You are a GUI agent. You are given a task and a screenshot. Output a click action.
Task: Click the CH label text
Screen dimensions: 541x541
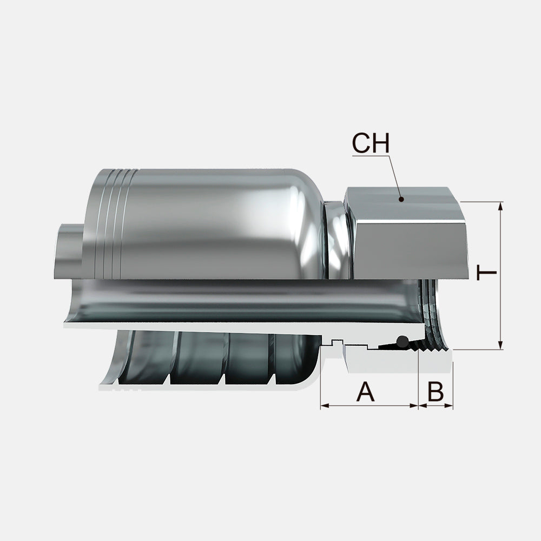pos(371,143)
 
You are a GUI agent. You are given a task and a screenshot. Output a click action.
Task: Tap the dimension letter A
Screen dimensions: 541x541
pos(365,392)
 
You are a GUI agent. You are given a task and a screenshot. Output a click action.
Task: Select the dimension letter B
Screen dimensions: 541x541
pos(436,392)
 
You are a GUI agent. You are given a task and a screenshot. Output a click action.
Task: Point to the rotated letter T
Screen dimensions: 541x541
pos(486,273)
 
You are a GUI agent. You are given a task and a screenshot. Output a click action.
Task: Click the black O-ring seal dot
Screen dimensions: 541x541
pos(402,341)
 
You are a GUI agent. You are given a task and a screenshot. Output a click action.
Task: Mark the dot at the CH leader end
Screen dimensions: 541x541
pos(401,199)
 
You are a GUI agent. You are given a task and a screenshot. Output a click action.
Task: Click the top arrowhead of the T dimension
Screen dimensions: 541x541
pos(500,206)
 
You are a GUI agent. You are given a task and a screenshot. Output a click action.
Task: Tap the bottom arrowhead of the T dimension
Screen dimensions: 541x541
pos(500,345)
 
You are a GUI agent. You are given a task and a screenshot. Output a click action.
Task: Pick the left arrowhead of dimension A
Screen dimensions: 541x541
pos(325,406)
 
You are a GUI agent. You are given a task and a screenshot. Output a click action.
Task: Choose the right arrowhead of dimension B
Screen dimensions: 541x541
pos(448,406)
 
